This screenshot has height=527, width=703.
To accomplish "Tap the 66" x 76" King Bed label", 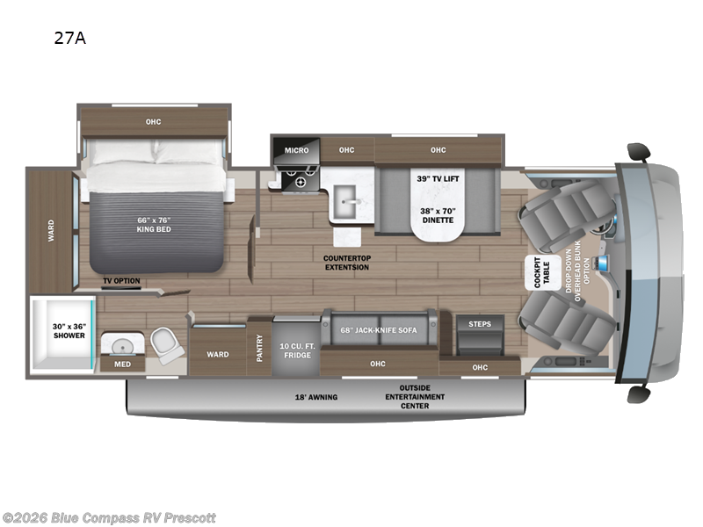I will pos(153,225).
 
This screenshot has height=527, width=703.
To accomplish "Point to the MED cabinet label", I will pos(122,364).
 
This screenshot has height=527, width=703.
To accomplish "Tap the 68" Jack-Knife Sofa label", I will pos(379,329).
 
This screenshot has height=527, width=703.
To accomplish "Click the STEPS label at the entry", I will pos(480,324).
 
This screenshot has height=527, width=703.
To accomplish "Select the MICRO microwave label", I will pos(296,150).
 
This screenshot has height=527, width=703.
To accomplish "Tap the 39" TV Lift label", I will pos(438,178).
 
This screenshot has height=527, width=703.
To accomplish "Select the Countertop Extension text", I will pos(345,263).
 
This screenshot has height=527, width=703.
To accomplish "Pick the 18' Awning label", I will pos(315,397).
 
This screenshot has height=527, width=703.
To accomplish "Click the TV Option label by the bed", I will pos(122,281).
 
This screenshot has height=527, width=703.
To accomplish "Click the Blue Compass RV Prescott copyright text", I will pos(109,518).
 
